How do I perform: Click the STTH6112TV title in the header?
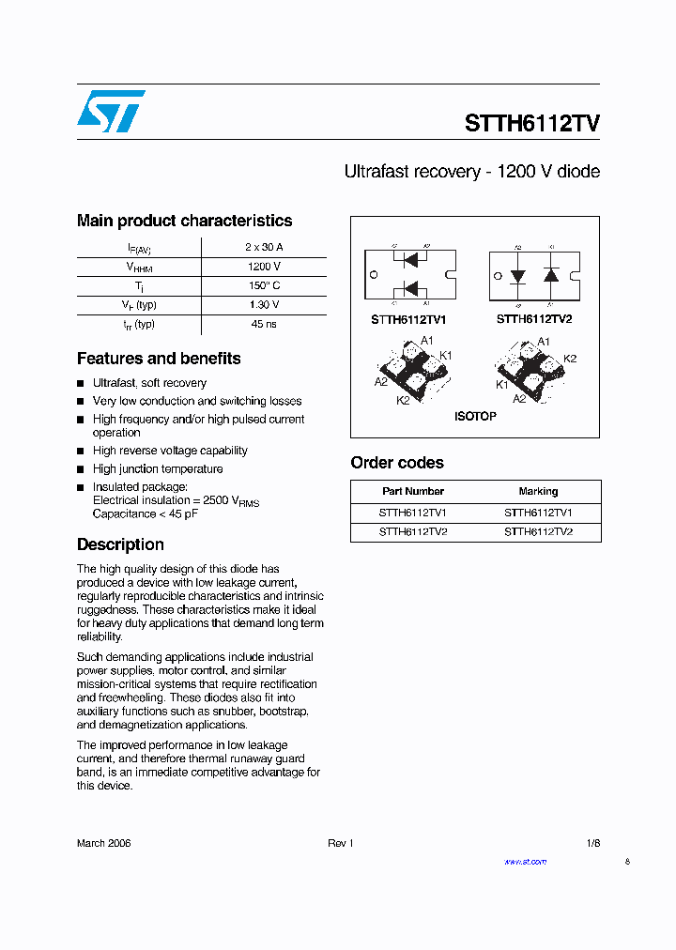coord(532,124)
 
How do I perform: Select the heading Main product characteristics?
coord(184,221)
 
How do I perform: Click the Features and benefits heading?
coord(159,359)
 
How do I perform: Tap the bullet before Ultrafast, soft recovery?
coord(81,384)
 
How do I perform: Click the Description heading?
coord(120,544)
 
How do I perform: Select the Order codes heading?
coord(397,463)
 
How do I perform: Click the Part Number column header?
coord(413,491)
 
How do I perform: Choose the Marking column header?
coord(538,491)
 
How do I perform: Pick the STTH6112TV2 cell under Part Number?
coord(413,531)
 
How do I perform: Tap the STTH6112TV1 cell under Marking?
coord(538,513)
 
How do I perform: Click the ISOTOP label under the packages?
coord(475,416)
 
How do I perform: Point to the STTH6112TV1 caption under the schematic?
coord(408,319)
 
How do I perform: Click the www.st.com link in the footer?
coord(525,862)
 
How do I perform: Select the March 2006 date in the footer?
coord(103,843)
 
